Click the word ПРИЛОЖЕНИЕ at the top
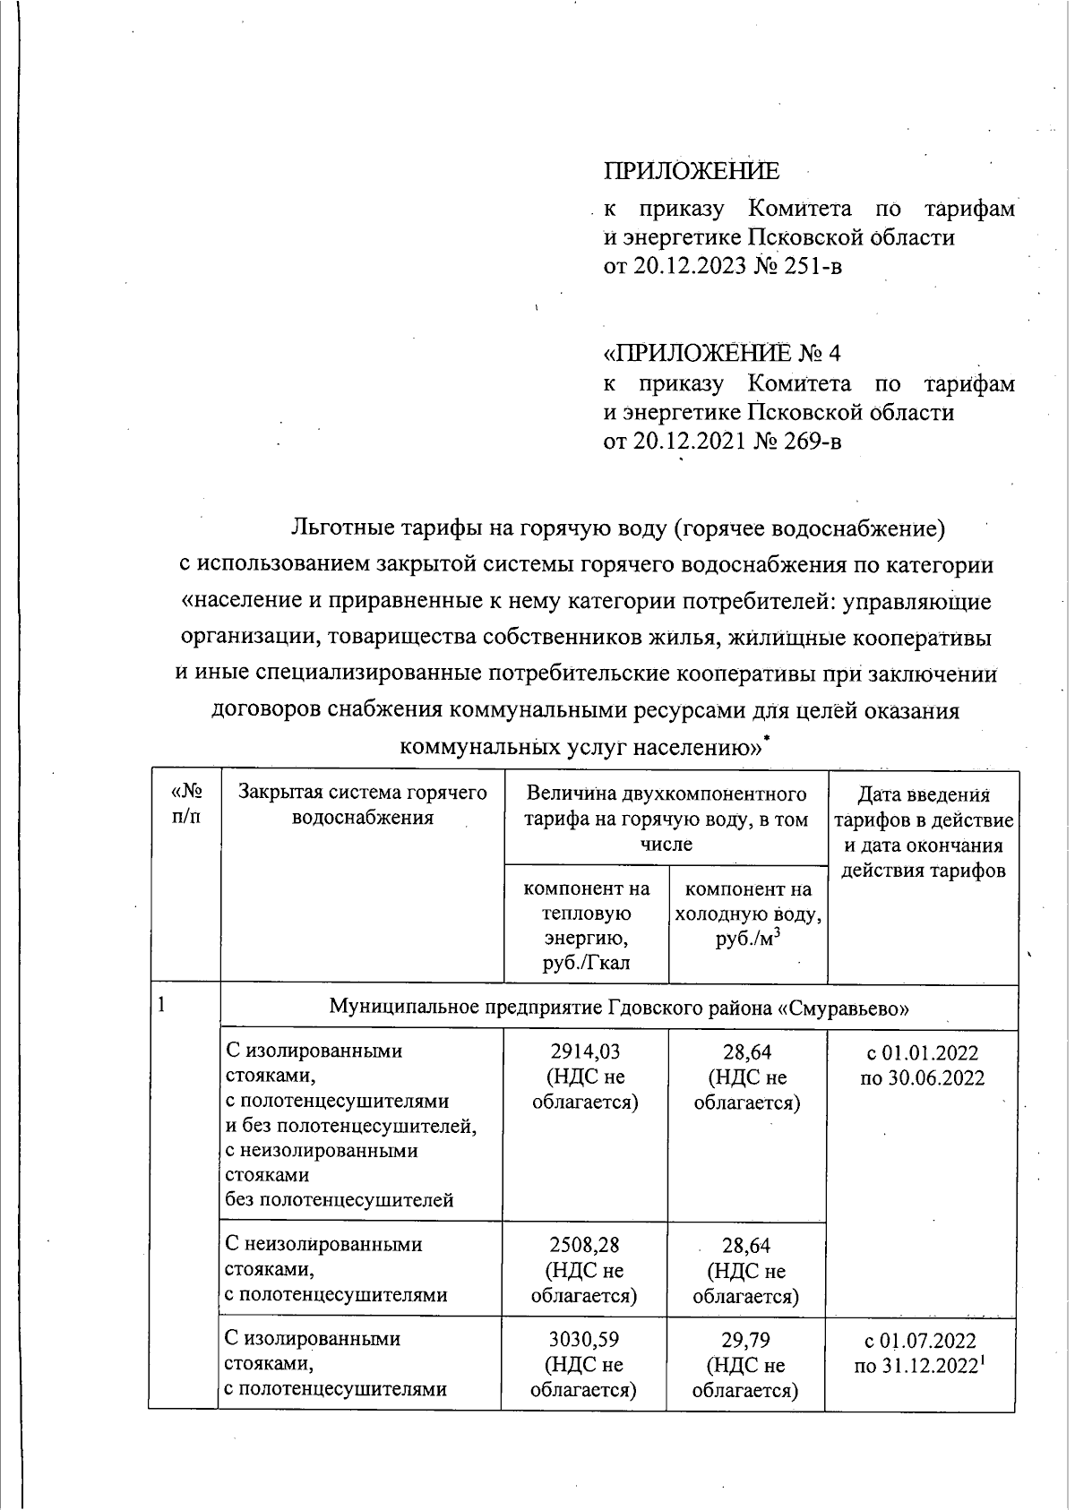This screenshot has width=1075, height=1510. click(691, 171)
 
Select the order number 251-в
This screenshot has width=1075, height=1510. click(810, 266)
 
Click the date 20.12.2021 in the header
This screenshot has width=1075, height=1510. click(688, 441)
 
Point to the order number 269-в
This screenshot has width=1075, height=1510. click(810, 441)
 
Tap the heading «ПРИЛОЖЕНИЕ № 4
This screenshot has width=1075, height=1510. click(722, 352)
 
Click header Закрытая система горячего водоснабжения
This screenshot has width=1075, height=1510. click(362, 804)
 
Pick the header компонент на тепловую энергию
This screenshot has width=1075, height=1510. click(586, 925)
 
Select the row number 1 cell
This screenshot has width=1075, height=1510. click(162, 1005)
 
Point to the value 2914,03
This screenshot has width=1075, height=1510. click(585, 1051)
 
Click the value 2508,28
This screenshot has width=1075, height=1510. click(584, 1245)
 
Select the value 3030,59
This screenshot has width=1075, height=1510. click(584, 1340)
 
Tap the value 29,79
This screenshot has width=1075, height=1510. click(745, 1340)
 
